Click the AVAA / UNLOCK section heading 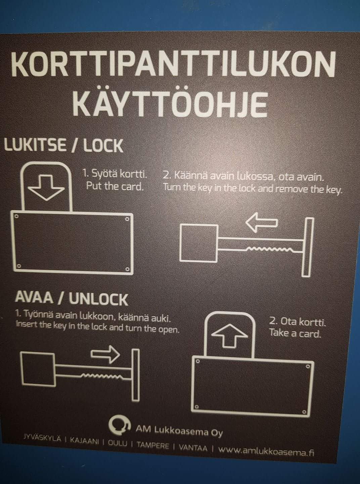71,299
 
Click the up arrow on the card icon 231,336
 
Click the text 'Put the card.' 115,186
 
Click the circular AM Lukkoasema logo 120,425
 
